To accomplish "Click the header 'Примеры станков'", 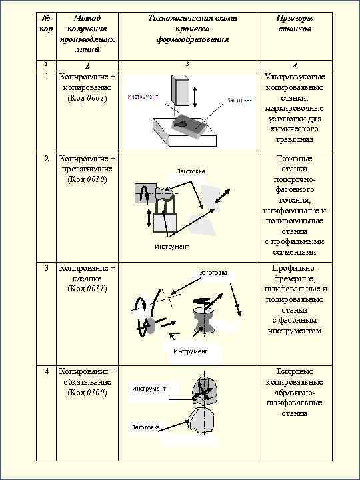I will pos(294,24).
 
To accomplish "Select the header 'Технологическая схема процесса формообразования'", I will pos(193,29).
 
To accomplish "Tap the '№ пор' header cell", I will pos(46,24).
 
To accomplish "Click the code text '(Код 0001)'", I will pos(87,98).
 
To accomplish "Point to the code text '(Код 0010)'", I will pos(87,179).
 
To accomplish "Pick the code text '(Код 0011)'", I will pos(87,289).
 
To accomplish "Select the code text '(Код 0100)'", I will pos(87,392).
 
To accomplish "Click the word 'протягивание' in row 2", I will pos(87,169).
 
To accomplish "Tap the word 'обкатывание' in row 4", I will pos(87,381).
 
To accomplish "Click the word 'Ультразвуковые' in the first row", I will pos(294,77).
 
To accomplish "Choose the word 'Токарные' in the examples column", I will pos(294,159).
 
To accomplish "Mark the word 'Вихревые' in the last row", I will pos(294,371).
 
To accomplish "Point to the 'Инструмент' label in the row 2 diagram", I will pos(172,247).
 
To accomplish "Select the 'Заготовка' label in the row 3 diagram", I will pos(213,273).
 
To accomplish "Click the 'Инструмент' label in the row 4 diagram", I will pos(149,388).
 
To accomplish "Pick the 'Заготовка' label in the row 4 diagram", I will pos(145,427).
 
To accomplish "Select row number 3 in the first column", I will pos(46,268).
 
